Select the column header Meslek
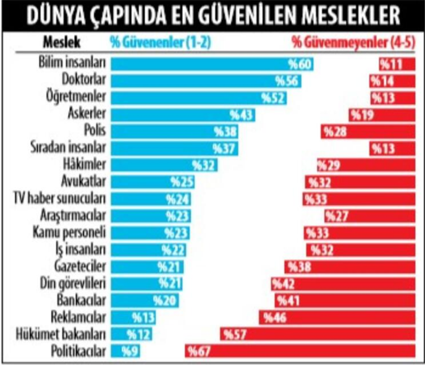coord(61,43)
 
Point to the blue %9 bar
coord(125,351)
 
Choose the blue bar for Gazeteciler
coord(146,266)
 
